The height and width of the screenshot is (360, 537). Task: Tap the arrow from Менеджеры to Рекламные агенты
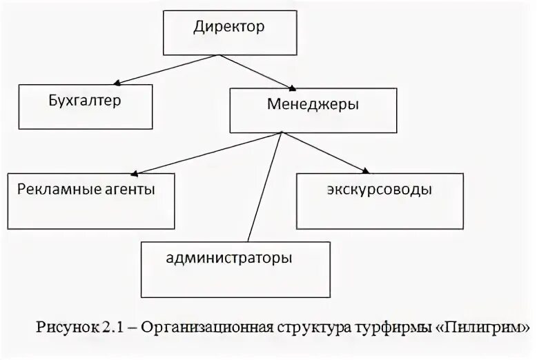point(207,153)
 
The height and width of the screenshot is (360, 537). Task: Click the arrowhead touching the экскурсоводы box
point(364,170)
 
